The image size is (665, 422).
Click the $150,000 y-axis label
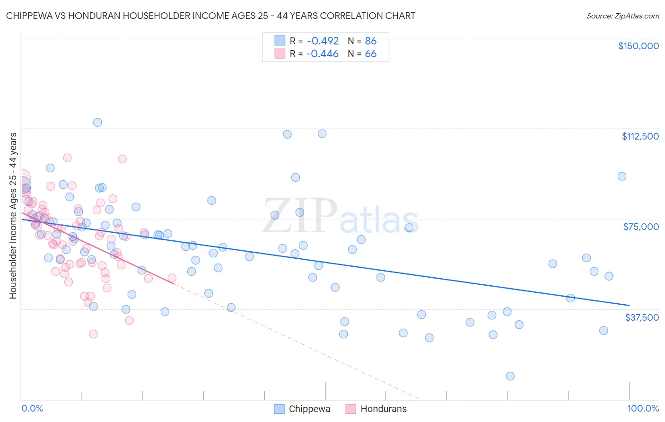(x=638, y=46)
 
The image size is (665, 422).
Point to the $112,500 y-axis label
(x=640, y=136)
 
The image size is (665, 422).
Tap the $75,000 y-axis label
(x=641, y=227)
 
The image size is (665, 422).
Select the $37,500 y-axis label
(x=641, y=317)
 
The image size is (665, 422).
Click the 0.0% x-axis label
(x=32, y=408)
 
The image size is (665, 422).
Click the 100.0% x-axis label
(x=643, y=408)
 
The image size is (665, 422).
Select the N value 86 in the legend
(x=370, y=41)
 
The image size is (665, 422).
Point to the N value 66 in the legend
(x=370, y=54)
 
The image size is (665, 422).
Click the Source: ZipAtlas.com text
(x=622, y=16)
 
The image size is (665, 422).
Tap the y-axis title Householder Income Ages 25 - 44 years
(x=13, y=216)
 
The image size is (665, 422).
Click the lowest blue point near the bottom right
(x=510, y=376)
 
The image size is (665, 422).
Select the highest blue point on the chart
(x=97, y=122)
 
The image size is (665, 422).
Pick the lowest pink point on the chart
(x=93, y=334)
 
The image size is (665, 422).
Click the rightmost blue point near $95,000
(x=622, y=176)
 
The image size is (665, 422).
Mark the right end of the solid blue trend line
(x=629, y=305)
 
